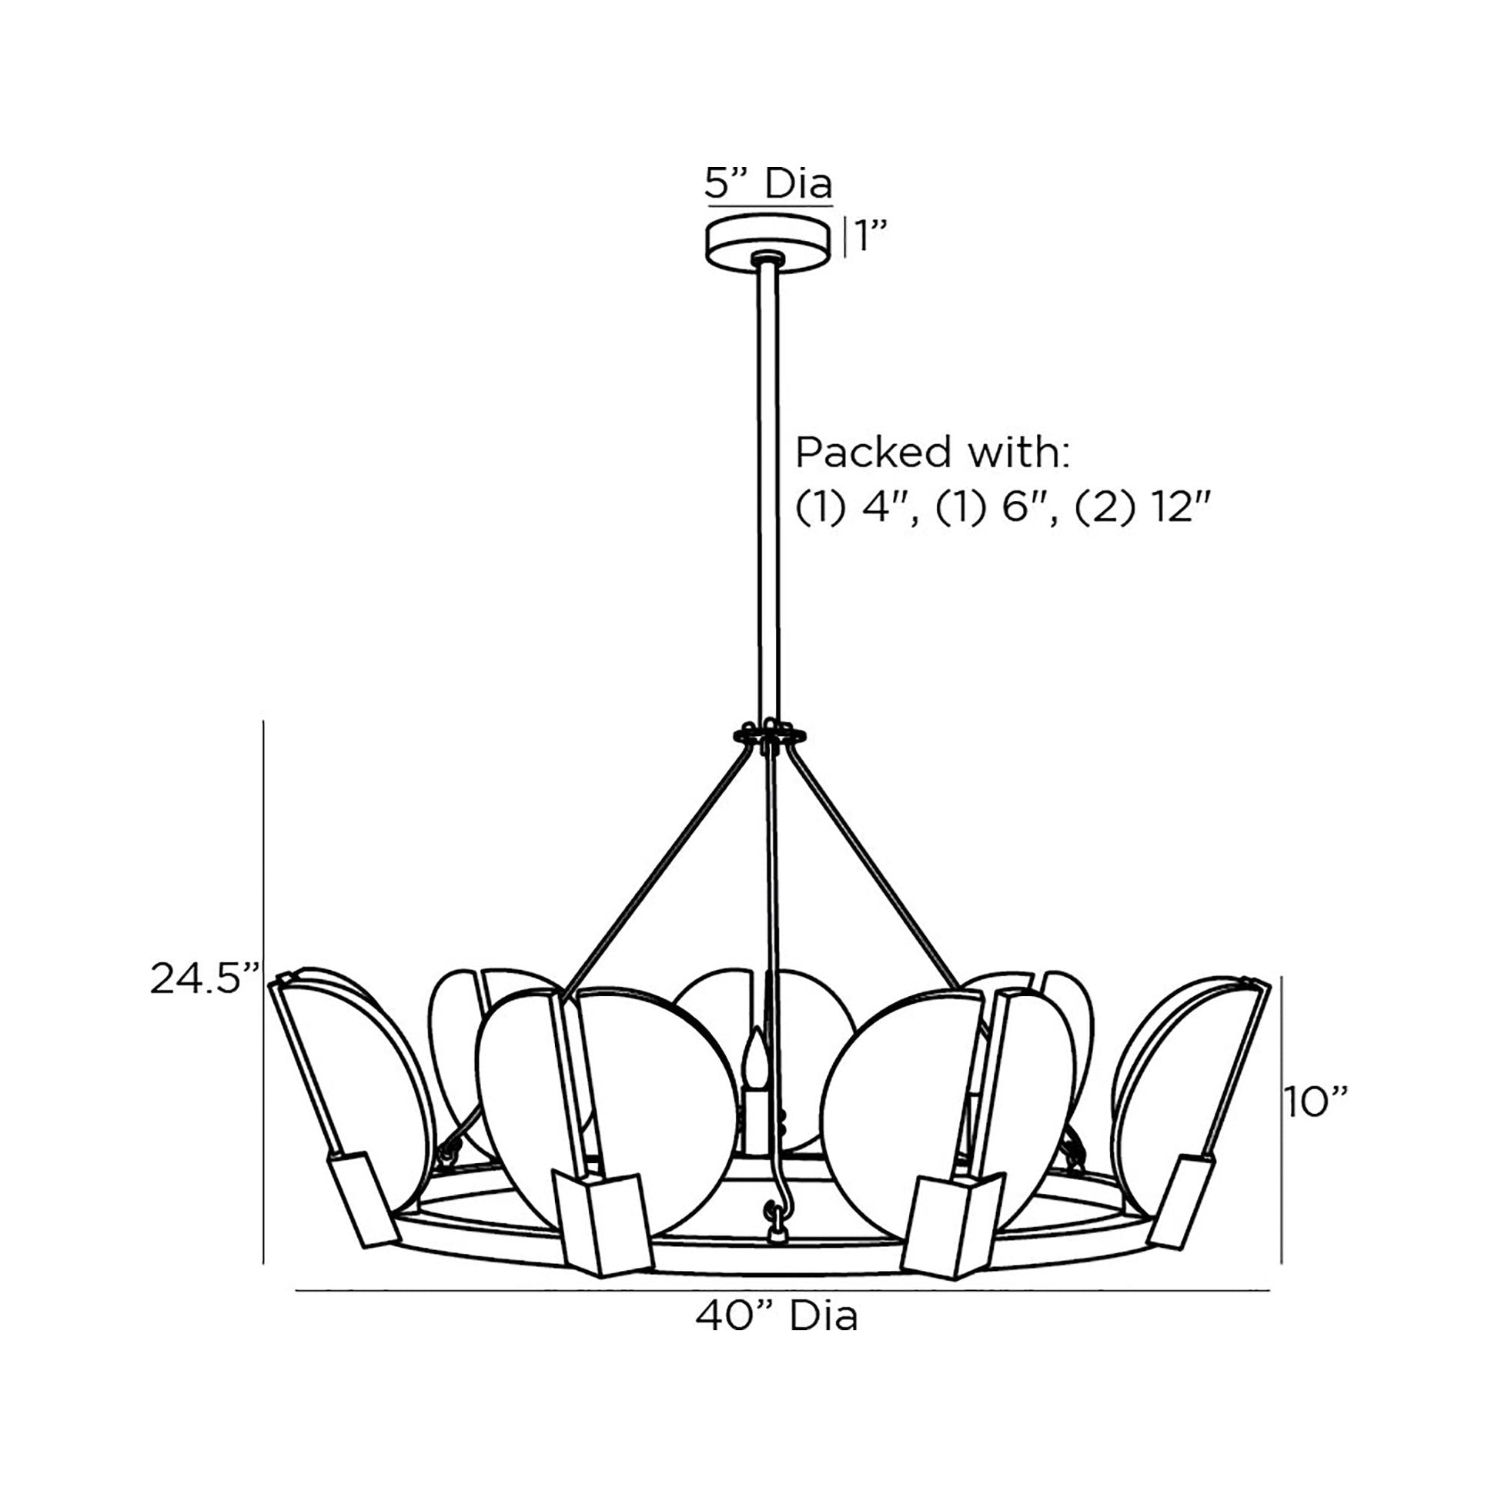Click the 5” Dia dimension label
tap(767, 185)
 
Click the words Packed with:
tap(932, 452)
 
